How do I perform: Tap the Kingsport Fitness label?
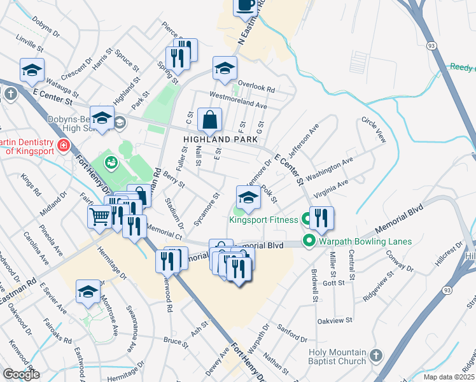point(263,220)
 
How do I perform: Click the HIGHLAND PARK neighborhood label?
point(220,139)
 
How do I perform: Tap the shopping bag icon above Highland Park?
point(209,119)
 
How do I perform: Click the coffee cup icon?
point(245,6)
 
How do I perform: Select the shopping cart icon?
point(99,217)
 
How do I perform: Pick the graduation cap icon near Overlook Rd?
point(225,68)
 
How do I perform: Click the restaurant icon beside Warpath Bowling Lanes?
point(321,218)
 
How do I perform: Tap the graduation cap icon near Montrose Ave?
point(88,292)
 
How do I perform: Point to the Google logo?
point(21,374)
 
